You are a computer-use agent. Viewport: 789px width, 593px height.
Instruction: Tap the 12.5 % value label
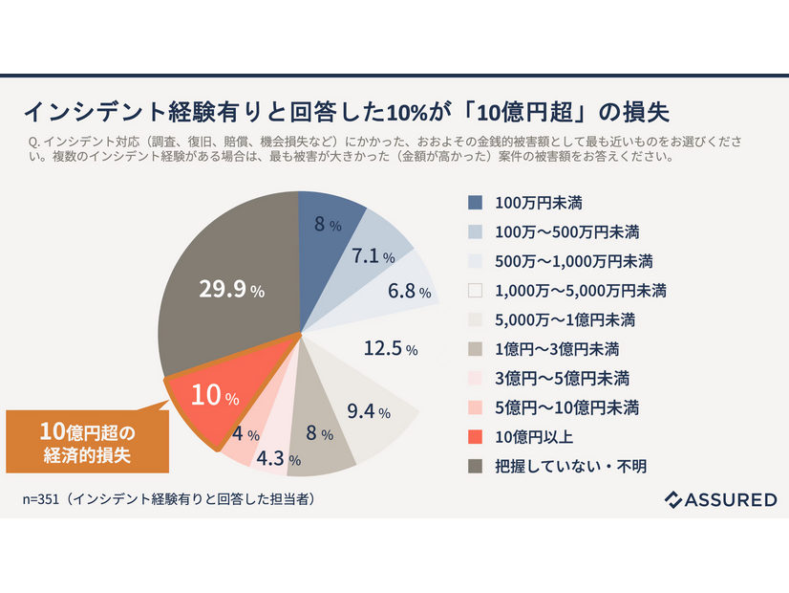[391, 349]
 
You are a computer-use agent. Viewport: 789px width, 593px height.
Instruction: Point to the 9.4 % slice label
[369, 412]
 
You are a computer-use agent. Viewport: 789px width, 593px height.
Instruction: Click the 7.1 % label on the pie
[373, 256]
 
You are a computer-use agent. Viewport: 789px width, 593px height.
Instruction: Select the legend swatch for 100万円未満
[475, 203]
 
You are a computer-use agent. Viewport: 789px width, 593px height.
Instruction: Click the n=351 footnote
[169, 499]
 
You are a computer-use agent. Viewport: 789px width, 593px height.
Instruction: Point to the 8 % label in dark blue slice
[328, 225]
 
